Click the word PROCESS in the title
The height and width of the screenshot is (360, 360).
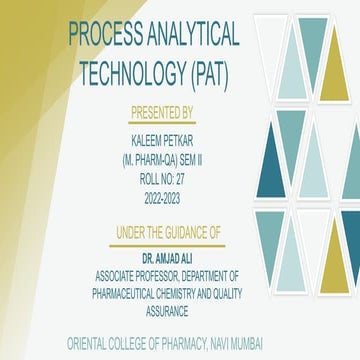[x=106, y=35]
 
